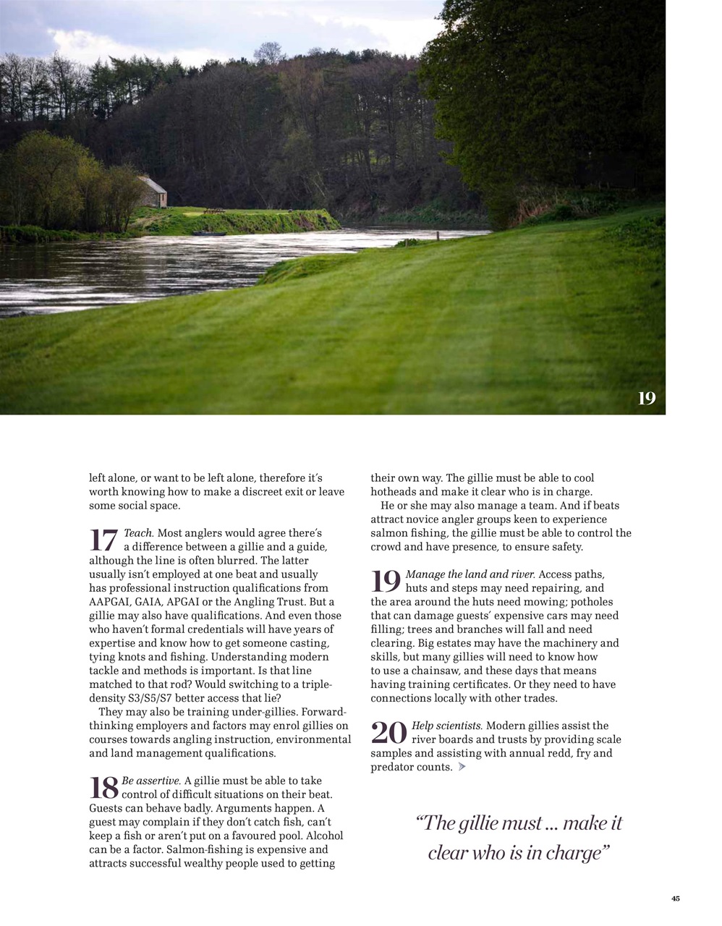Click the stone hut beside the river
click(152, 192)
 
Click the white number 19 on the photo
click(646, 398)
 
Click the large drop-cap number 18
click(103, 788)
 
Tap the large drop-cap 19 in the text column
click(386, 582)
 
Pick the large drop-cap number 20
click(389, 733)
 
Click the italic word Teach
click(138, 533)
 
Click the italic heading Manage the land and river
click(470, 574)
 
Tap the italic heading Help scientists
click(446, 726)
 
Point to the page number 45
click(675, 899)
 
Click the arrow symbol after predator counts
click(462, 767)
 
